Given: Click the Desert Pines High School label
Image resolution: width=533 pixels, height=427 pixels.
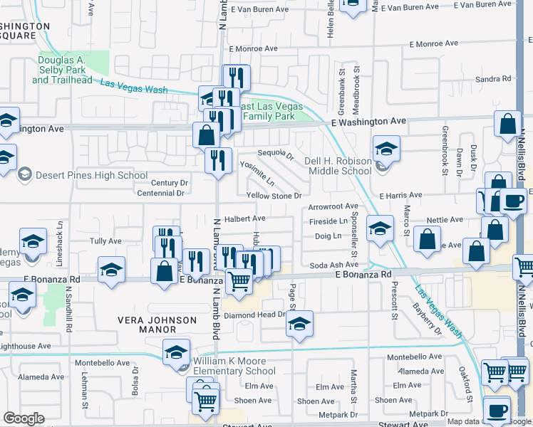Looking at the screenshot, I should (x=90, y=175).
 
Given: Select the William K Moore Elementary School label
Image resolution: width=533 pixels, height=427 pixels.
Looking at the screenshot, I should (x=234, y=366).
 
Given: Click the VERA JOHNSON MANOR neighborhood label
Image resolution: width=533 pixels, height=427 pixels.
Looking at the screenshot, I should (x=157, y=325).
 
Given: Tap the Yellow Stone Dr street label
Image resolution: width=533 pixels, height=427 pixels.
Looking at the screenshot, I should (x=274, y=196).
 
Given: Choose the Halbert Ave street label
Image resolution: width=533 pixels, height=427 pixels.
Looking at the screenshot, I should (x=245, y=218).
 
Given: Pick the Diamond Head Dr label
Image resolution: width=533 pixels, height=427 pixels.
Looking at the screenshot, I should (x=254, y=315).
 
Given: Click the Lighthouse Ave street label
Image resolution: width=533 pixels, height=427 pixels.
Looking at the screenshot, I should (x=26, y=346).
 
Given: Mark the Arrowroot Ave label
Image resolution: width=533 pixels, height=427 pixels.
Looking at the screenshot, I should (x=333, y=206).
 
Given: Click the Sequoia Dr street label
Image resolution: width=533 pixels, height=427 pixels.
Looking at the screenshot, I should (x=276, y=153).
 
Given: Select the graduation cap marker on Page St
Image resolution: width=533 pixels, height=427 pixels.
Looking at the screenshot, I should (x=300, y=325).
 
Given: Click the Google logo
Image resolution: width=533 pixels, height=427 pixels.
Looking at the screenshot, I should (x=24, y=418).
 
